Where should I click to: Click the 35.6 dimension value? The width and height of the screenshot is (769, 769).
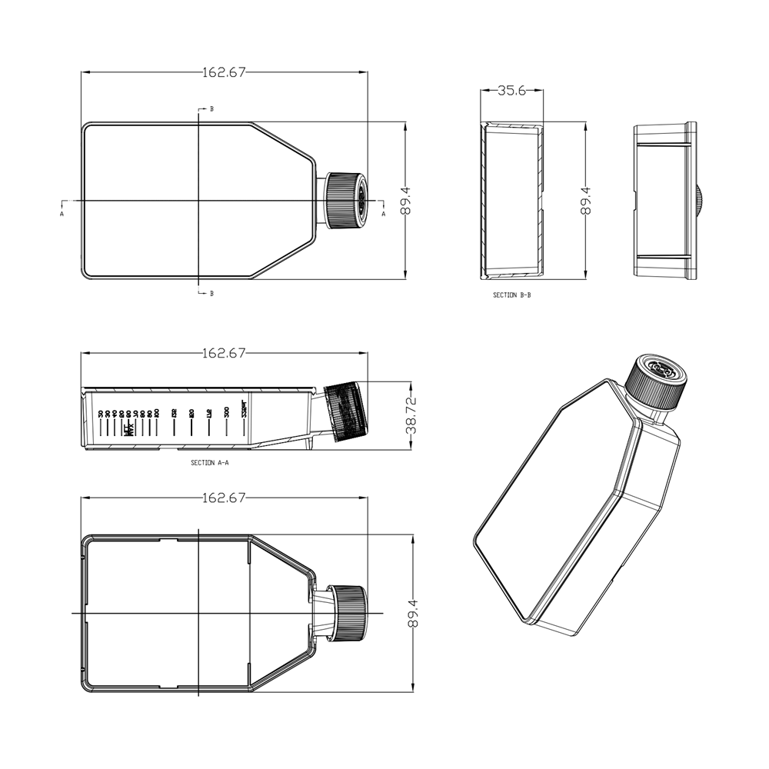coord(511,91)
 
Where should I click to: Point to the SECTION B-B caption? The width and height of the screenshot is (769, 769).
coord(511,295)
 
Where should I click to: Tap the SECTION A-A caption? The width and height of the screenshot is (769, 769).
coord(209,463)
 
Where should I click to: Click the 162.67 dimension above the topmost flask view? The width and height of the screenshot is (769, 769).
coord(224,72)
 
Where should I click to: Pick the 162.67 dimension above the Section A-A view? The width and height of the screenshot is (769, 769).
coord(224,353)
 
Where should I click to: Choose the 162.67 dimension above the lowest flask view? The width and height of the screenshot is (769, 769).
coord(224,498)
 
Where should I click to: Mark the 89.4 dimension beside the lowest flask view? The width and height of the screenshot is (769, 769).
coord(414,613)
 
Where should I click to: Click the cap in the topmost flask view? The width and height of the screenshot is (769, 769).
coord(345,200)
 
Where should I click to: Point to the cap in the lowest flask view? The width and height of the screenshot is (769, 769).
coord(349,612)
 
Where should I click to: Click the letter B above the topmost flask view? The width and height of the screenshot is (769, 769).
coord(211,109)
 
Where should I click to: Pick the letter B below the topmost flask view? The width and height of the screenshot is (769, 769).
coord(211,293)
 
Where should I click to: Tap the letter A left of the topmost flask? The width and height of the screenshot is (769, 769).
coord(62,215)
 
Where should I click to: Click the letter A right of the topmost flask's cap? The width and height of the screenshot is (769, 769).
coord(383,215)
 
